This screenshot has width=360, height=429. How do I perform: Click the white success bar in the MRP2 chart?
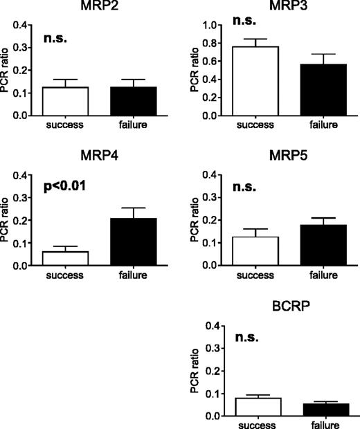pos(65,101)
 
